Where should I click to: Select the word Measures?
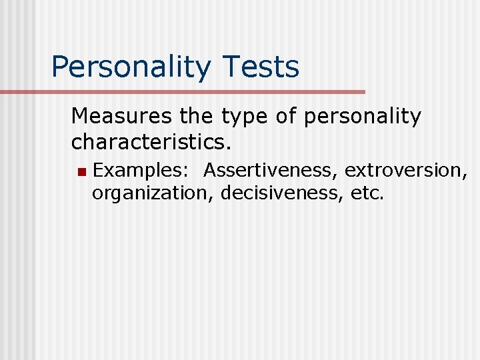[x=123, y=117]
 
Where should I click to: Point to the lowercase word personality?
[x=362, y=117]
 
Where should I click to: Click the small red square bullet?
[x=81, y=172]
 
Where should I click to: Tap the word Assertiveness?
[x=271, y=171]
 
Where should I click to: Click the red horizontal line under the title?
[x=200, y=92]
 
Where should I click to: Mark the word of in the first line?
[x=285, y=117]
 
